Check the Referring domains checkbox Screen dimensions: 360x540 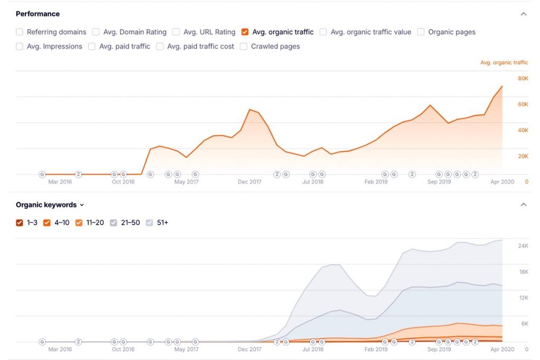[x=20, y=32]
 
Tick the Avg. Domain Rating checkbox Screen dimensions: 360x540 [x=96, y=32]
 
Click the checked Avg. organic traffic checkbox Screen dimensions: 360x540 [x=245, y=32]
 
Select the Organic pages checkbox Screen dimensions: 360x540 [x=421, y=32]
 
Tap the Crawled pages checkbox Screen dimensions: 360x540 [x=244, y=46]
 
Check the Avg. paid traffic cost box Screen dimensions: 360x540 [x=160, y=46]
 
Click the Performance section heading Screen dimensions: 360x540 [x=37, y=14]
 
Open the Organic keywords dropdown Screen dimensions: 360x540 [x=50, y=205]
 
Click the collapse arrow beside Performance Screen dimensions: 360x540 [x=523, y=14]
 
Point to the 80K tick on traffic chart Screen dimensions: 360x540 [x=523, y=79]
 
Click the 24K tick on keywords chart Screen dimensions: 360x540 [x=523, y=246]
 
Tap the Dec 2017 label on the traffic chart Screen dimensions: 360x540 [x=249, y=182]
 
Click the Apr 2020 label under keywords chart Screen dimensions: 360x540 [x=502, y=349]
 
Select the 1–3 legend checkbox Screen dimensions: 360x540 [x=20, y=222]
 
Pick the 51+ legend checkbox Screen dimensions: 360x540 [x=150, y=222]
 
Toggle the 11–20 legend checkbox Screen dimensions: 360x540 [x=79, y=222]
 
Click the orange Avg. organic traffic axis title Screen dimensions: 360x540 [x=504, y=63]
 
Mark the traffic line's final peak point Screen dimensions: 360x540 [x=502, y=86]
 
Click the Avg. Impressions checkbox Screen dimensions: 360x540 [x=20, y=46]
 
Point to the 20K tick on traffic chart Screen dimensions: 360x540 [x=523, y=156]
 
